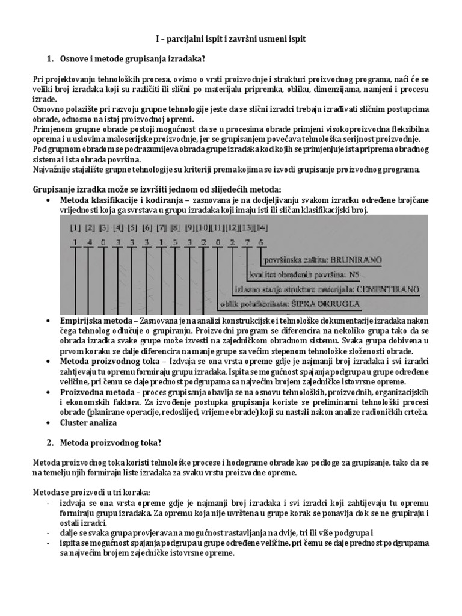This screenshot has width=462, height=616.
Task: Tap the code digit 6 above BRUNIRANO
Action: pos(261,242)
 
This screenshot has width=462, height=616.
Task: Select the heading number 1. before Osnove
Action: pos(51,58)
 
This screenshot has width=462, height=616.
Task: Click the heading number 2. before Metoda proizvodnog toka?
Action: pos(51,442)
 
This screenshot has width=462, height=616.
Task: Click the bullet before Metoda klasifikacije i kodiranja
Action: pos(48,200)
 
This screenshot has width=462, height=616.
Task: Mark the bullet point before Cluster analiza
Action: pos(48,423)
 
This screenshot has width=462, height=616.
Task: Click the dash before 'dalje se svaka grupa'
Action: pos(48,533)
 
